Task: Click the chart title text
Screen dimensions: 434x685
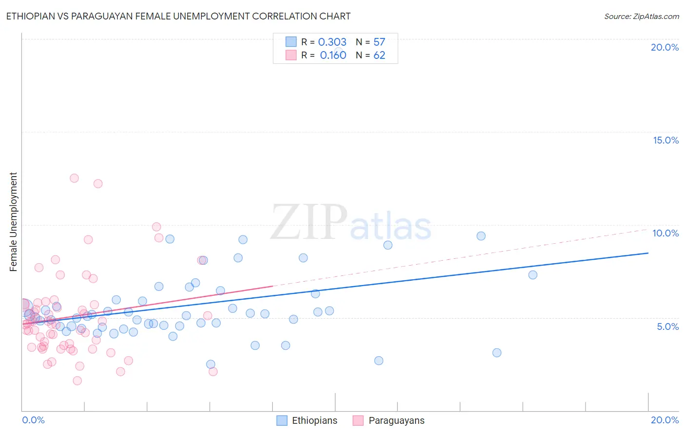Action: click(178, 16)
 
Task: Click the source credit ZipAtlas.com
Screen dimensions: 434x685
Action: click(641, 16)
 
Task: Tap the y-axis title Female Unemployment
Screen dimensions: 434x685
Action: click(13, 222)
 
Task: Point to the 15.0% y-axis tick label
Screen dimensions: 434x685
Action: click(666, 140)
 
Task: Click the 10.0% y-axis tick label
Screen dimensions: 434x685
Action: click(666, 233)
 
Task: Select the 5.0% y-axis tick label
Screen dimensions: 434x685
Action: click(667, 326)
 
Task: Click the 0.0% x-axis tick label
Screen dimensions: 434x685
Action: click(33, 420)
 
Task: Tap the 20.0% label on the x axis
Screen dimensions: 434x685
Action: click(665, 420)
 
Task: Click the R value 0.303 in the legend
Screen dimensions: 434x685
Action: click(332, 42)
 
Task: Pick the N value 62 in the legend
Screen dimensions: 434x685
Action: click(379, 55)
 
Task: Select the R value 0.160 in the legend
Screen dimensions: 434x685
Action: click(333, 55)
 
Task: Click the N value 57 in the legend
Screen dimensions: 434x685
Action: click(379, 42)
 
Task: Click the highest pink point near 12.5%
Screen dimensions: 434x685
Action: click(74, 178)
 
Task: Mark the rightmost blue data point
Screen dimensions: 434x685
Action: click(533, 275)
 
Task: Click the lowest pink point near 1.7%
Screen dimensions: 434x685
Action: click(77, 380)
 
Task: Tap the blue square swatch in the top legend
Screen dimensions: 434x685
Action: click(291, 42)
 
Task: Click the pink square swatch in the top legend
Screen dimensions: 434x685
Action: click(291, 55)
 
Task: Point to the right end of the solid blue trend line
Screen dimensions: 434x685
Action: click(648, 253)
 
